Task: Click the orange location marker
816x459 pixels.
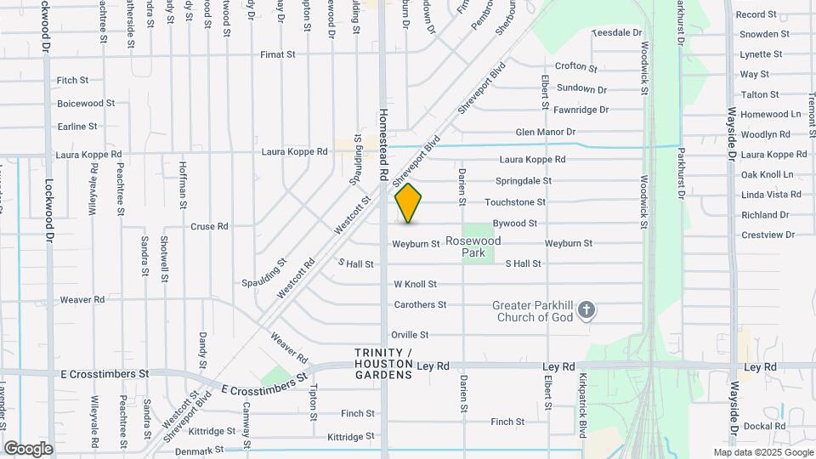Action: (408, 203)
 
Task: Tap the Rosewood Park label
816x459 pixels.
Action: (480, 246)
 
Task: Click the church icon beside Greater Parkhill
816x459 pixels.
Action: (586, 311)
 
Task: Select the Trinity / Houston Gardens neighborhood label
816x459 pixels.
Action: (384, 364)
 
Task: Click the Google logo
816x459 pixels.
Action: (28, 449)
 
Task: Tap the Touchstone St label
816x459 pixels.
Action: (515, 202)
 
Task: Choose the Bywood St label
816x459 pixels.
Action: (515, 224)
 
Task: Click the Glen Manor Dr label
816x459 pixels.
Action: (546, 133)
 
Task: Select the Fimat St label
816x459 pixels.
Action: (278, 54)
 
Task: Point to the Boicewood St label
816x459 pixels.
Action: (86, 104)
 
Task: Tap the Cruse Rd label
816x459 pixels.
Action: (209, 227)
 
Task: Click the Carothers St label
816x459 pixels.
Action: (420, 304)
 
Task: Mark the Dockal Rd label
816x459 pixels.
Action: (763, 426)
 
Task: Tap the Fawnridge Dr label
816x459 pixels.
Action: (581, 110)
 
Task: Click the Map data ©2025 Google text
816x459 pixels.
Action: (762, 452)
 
